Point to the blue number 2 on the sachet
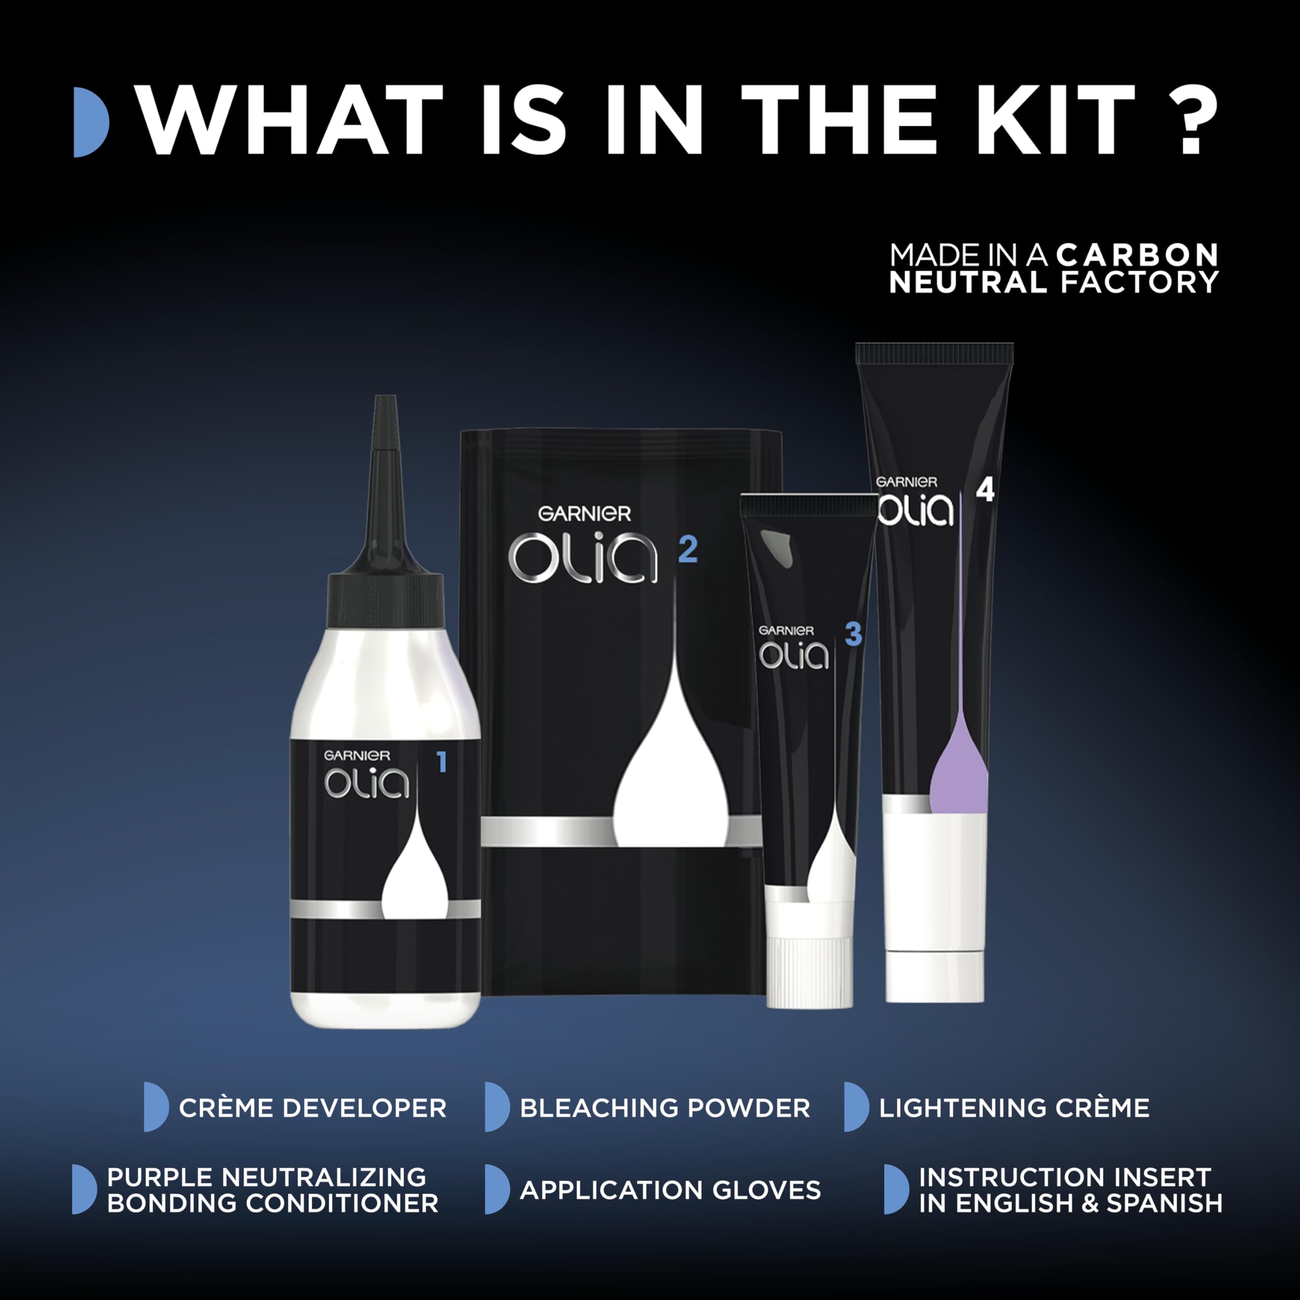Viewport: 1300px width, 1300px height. [x=688, y=550]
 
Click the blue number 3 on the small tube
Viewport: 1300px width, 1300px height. [x=853, y=634]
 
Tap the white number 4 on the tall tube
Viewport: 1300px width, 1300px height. [x=985, y=491]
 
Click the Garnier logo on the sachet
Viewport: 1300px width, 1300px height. [x=584, y=514]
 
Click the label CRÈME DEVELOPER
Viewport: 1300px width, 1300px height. [x=312, y=1108]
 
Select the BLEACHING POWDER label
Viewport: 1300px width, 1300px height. [x=665, y=1108]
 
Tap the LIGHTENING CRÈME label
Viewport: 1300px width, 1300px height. [x=1015, y=1108]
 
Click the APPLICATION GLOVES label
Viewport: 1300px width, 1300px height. [x=670, y=1190]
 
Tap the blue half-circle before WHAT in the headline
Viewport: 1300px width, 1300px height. [x=91, y=122]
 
